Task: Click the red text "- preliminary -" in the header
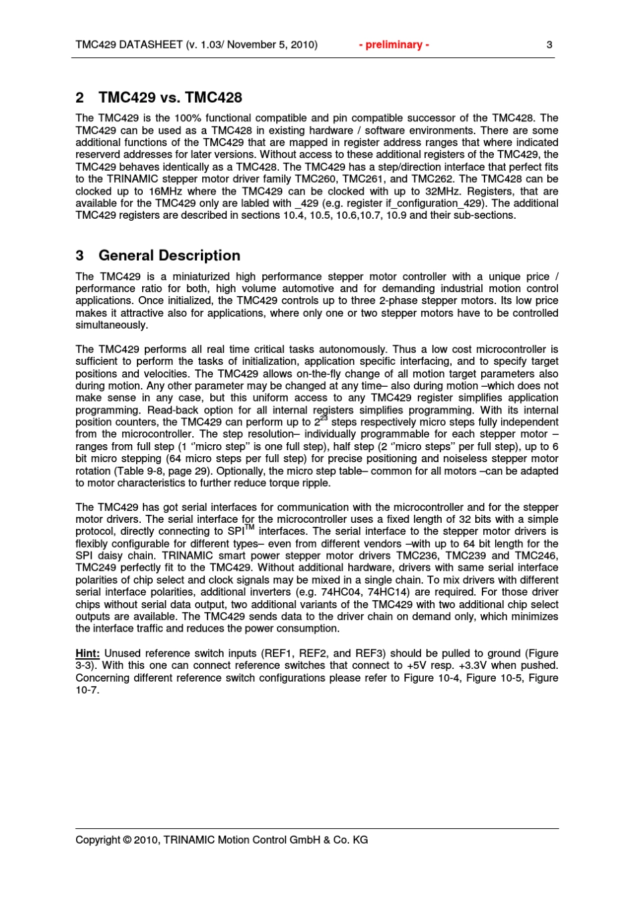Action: coord(394,45)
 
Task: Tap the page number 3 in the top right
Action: coord(549,45)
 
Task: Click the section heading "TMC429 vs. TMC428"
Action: coord(170,97)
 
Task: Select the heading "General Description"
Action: coord(170,255)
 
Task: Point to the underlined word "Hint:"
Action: coord(87,654)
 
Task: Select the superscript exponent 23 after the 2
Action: coord(324,418)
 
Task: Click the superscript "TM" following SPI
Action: coord(250,528)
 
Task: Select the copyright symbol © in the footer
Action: coord(127,840)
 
